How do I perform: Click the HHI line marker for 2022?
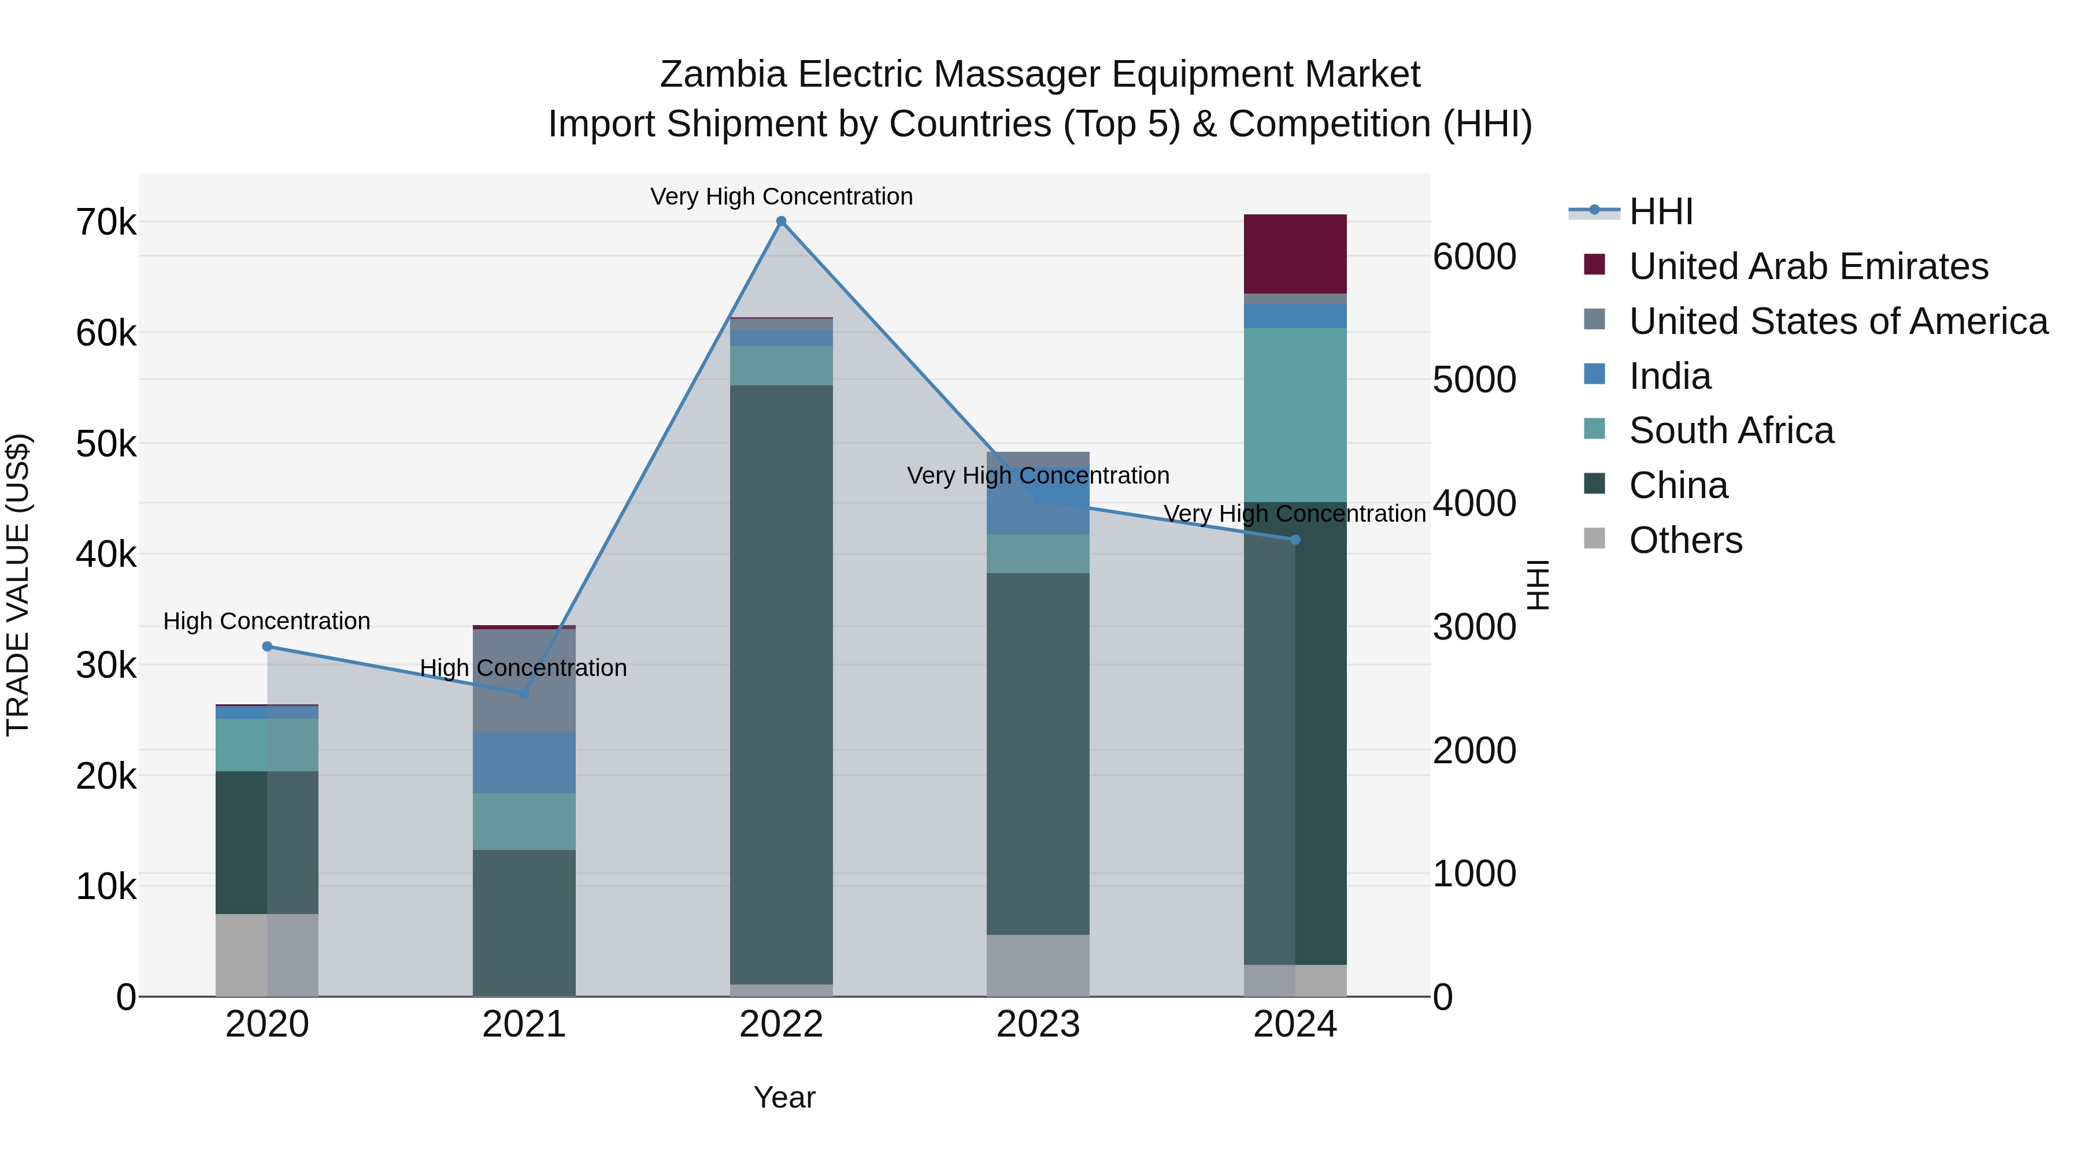(x=780, y=221)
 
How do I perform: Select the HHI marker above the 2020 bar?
(x=268, y=646)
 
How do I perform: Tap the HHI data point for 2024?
(x=1295, y=540)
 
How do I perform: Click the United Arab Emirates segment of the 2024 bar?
(x=1295, y=254)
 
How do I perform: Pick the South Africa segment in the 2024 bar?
(x=1295, y=415)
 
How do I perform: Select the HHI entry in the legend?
(x=1660, y=211)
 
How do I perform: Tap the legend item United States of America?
(x=1838, y=321)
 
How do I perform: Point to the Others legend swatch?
(x=1594, y=538)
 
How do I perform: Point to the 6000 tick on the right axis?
(x=1474, y=257)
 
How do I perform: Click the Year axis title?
(x=784, y=1097)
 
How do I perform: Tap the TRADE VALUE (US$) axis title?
(x=18, y=585)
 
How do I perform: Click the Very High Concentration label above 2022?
(x=780, y=196)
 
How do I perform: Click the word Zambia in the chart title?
(x=722, y=75)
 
